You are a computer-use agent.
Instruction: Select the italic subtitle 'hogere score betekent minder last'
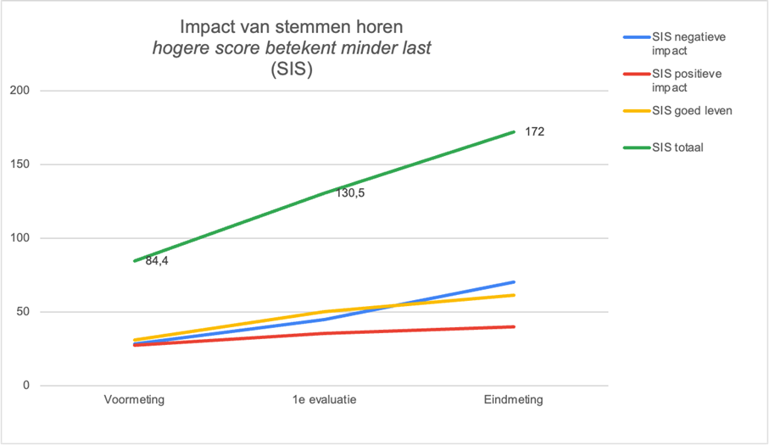pos(293,48)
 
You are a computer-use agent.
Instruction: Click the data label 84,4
pos(158,261)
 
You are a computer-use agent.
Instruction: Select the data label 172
pos(535,132)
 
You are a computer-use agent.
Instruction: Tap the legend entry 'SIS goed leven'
pos(690,111)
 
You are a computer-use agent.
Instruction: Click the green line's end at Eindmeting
pos(514,131)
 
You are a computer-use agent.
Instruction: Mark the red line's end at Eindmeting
pos(514,326)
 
